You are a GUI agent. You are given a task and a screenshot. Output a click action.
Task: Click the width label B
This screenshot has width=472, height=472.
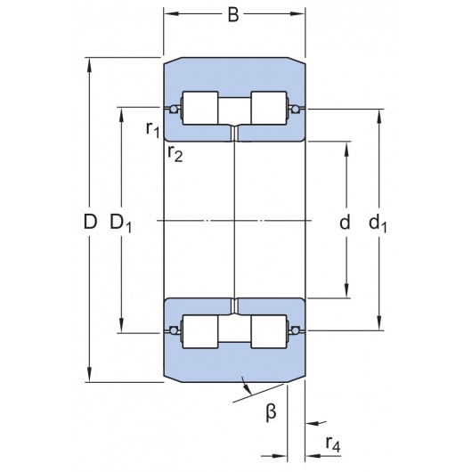tap(233, 14)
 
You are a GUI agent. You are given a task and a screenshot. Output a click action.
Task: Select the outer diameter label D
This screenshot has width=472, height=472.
tap(89, 222)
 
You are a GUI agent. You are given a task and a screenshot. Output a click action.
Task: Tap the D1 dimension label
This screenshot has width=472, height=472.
tap(121, 222)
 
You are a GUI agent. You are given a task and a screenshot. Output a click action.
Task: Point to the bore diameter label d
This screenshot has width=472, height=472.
tap(345, 222)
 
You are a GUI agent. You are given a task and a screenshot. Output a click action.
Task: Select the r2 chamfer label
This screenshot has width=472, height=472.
tap(174, 153)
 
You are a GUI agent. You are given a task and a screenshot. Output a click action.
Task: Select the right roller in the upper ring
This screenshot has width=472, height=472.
tap(268, 109)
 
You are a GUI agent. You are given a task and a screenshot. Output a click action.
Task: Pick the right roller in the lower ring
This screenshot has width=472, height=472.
tap(268, 332)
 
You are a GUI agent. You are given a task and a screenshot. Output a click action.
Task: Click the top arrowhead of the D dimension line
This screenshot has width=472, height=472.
tap(89, 64)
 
